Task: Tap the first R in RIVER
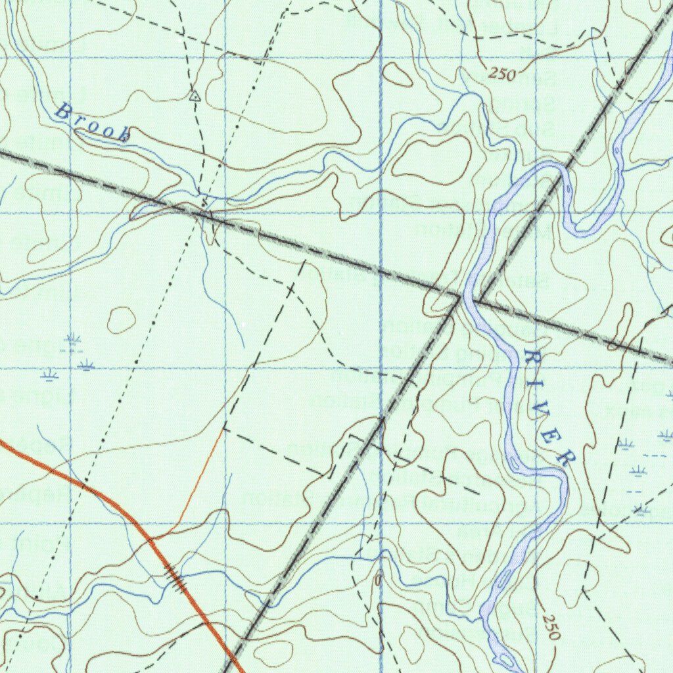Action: point(531,359)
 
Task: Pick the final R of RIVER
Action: point(565,457)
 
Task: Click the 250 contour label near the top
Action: point(502,74)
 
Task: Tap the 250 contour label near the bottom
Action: point(551,628)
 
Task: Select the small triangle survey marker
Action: point(195,96)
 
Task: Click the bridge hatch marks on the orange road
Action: point(176,576)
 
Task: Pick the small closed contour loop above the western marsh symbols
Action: point(121,319)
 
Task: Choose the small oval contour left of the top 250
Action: point(398,74)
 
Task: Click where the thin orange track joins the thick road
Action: point(151,538)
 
